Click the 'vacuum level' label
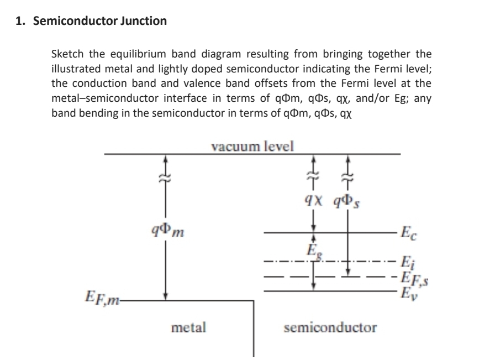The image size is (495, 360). [x=252, y=146]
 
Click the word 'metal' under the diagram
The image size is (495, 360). [x=189, y=327]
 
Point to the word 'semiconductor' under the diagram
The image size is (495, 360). [x=330, y=327]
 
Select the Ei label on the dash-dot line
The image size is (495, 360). [x=406, y=261]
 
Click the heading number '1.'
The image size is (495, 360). [x=19, y=22]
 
